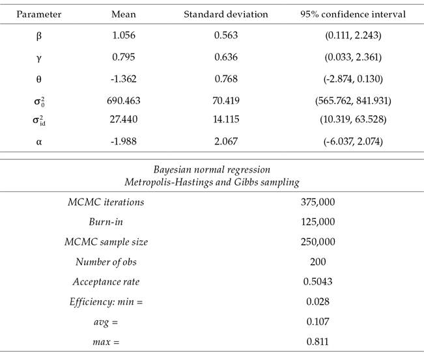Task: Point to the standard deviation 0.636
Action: (226, 58)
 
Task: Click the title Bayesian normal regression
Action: (212, 171)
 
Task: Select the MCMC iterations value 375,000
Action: (317, 202)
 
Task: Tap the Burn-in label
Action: (107, 222)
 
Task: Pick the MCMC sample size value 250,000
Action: (317, 242)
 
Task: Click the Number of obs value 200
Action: (317, 262)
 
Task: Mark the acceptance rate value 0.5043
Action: (317, 282)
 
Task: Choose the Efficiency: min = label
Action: (106, 302)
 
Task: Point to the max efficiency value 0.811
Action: (317, 342)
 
